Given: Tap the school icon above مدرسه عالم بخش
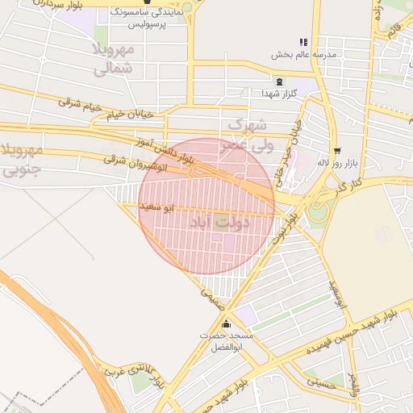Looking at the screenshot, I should coord(303,42).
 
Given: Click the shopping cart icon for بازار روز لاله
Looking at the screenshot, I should coord(336,150).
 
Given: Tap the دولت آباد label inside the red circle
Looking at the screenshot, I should coord(219,221).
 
